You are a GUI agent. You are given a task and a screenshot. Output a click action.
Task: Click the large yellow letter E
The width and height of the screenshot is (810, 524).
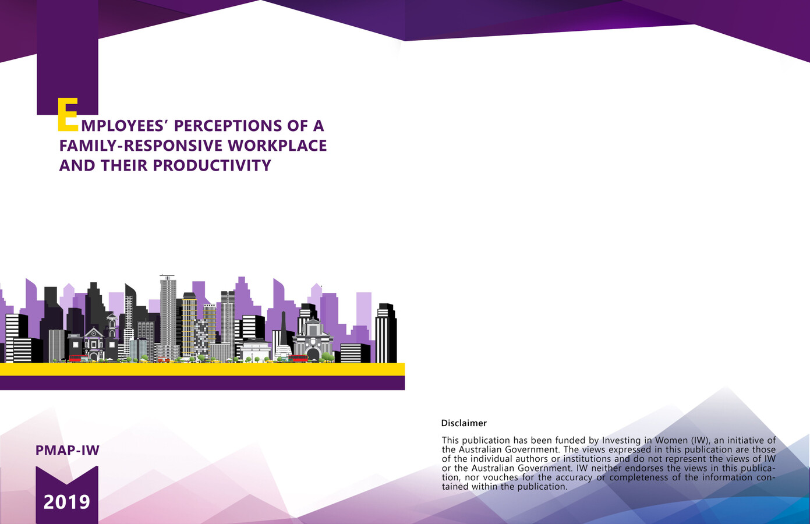[68, 115]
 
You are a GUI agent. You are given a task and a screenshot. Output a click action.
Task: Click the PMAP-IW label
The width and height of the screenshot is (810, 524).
[68, 450]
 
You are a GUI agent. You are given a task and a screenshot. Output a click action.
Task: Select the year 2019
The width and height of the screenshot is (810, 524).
[67, 502]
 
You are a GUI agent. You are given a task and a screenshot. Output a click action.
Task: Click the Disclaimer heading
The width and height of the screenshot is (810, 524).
[464, 423]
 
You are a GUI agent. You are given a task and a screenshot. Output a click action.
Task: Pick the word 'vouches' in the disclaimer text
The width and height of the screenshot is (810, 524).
[491, 477]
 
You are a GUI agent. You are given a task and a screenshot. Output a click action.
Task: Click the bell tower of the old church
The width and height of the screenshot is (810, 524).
[111, 329]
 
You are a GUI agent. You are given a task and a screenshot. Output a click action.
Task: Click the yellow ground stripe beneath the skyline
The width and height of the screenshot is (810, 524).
[202, 369]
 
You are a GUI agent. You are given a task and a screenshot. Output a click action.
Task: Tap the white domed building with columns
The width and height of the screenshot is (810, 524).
[256, 349]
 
